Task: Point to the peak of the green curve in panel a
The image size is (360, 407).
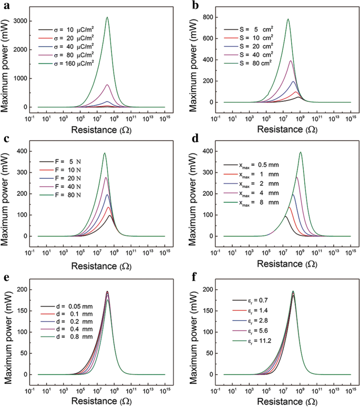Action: tap(107, 17)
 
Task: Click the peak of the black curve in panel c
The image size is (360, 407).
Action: tap(110, 215)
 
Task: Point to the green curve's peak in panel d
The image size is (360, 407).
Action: tap(301, 152)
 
